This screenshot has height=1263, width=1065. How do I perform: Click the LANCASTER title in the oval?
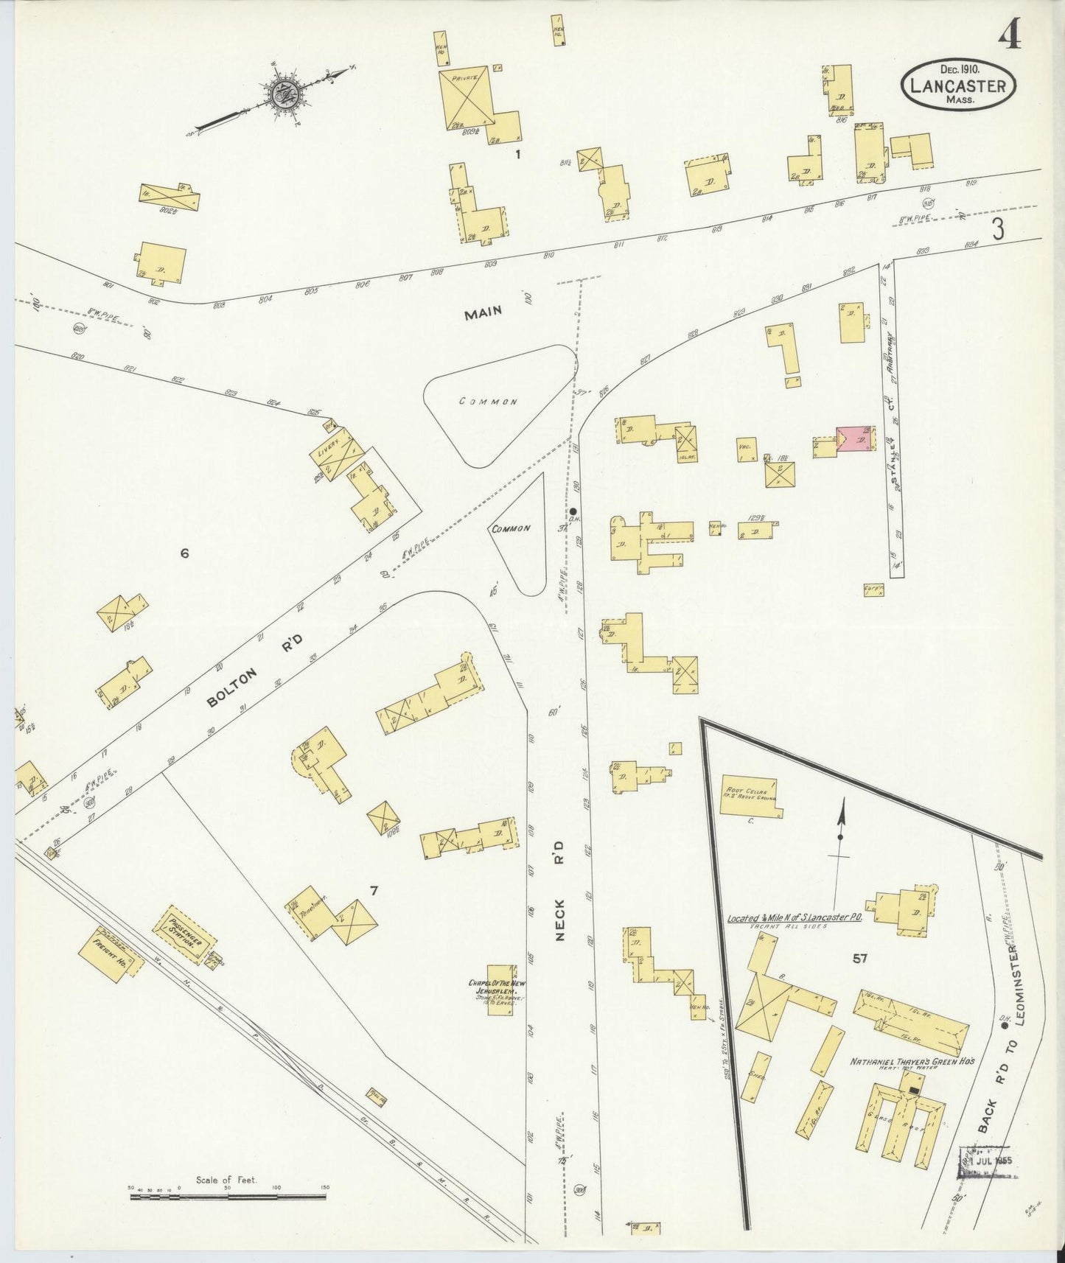[x=957, y=85]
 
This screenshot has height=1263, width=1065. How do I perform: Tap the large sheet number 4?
[x=1010, y=35]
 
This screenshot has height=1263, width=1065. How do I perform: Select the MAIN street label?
[x=483, y=312]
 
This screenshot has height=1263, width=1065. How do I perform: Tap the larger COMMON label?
[x=488, y=402]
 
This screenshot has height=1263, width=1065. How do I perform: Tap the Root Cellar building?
[x=748, y=796]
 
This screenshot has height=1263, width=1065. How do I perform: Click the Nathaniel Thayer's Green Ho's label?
[x=912, y=1061]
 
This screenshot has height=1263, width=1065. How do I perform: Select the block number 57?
[x=859, y=958]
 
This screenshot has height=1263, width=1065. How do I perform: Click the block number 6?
[x=184, y=553]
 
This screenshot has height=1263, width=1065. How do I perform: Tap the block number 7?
[x=374, y=891]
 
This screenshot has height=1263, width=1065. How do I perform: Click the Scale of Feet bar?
[x=228, y=1196]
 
